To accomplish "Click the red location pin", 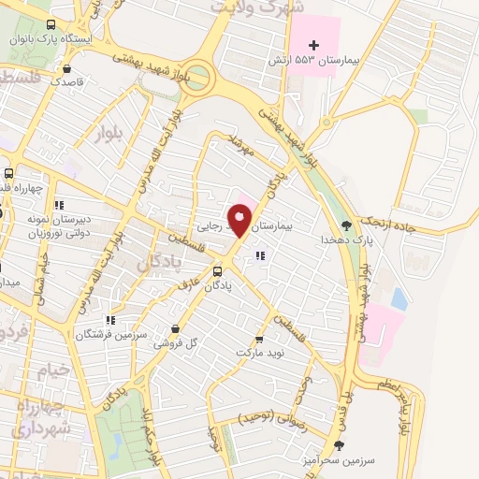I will pyautogui.click(x=240, y=221).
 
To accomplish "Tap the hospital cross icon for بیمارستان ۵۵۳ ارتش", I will pyautogui.click(x=314, y=45).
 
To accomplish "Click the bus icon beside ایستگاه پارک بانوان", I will pyautogui.click(x=50, y=25).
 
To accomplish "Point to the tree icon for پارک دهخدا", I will pyautogui.click(x=347, y=225).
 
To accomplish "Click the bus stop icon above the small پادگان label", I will pyautogui.click(x=218, y=272).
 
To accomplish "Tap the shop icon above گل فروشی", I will pyautogui.click(x=178, y=328).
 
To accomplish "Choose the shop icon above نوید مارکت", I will pyautogui.click(x=259, y=339).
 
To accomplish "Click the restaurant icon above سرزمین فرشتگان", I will pyautogui.click(x=111, y=320).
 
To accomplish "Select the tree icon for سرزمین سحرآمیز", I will pyautogui.click(x=339, y=445).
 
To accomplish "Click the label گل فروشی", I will pyautogui.click(x=178, y=342).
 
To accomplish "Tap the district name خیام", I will pyautogui.click(x=52, y=370).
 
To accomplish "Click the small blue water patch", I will pyautogui.click(x=399, y=299).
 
